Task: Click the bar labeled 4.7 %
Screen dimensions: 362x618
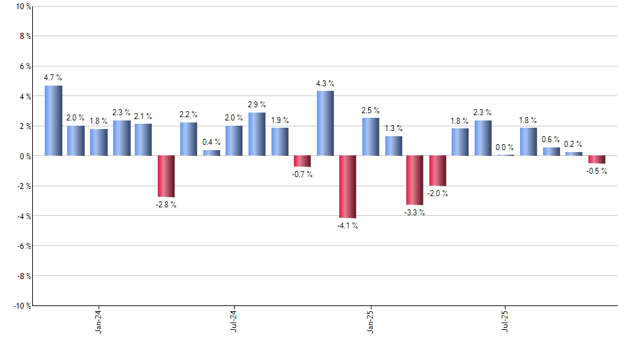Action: click(53, 120)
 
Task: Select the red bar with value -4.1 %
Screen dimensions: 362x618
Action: click(348, 186)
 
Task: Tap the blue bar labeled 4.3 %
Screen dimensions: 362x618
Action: click(325, 123)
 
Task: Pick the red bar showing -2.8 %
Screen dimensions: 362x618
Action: click(166, 176)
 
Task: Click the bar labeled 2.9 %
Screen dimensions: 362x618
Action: click(257, 134)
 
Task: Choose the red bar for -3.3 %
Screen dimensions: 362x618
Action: click(415, 180)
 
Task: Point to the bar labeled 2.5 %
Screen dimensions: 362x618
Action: click(370, 137)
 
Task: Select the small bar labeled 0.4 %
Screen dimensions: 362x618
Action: click(212, 153)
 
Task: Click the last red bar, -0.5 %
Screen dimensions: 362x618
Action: click(596, 159)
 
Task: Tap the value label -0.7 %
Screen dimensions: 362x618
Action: click(302, 174)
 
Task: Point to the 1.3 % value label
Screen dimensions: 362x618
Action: click(393, 128)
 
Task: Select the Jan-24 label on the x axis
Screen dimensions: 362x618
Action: click(99, 323)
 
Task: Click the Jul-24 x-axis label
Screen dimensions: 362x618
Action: click(234, 323)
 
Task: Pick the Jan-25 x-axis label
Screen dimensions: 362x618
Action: click(370, 323)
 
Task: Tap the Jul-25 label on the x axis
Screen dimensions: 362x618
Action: click(506, 323)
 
